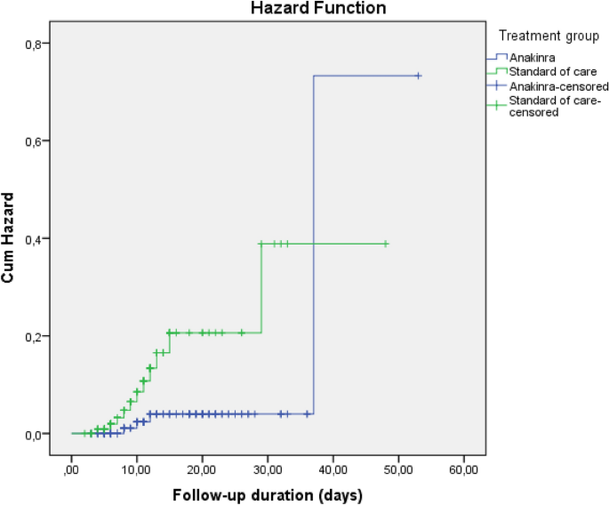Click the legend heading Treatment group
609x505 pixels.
click(549, 36)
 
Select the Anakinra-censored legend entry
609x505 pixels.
click(558, 86)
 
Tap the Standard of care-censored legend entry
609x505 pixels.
click(558, 107)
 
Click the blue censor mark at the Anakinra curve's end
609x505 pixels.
click(418, 76)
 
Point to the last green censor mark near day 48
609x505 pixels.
click(386, 244)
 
